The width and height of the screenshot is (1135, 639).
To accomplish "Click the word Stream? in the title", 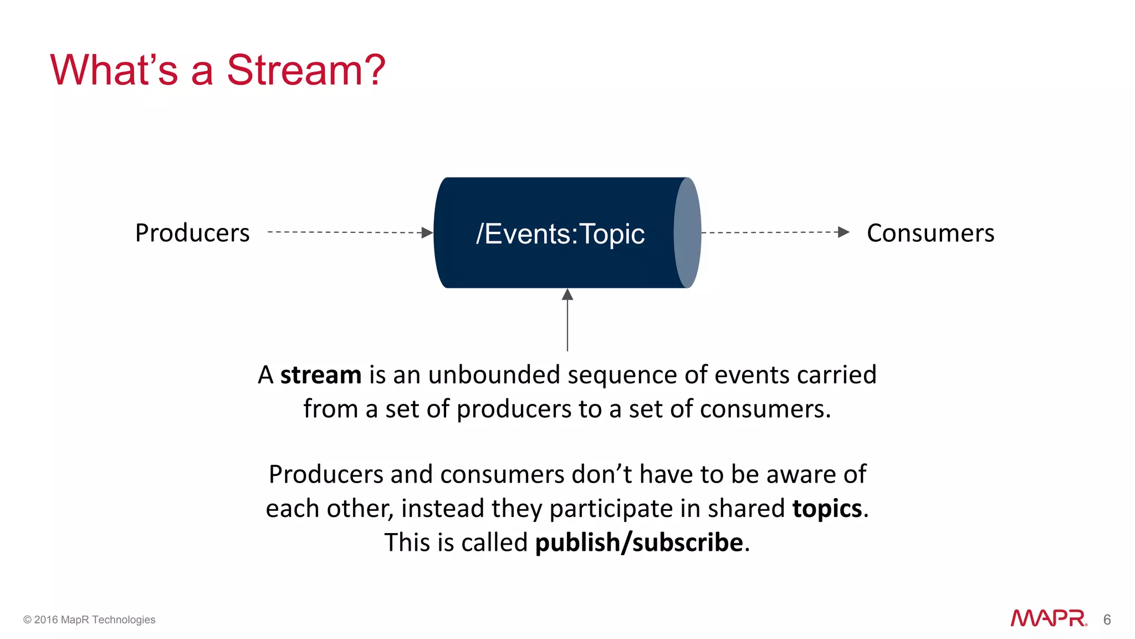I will click(305, 70).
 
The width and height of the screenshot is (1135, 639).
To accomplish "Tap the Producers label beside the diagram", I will click(192, 233).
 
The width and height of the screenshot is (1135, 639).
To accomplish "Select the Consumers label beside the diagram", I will click(930, 233).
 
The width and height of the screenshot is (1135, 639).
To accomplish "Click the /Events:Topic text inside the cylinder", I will click(560, 234).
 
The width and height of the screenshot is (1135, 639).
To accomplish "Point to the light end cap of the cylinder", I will click(688, 232).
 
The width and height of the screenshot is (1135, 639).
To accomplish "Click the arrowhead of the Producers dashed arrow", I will click(427, 232).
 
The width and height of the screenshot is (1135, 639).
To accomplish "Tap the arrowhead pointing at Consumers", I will click(843, 232).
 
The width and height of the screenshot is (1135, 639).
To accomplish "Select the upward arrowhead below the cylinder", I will click(567, 295).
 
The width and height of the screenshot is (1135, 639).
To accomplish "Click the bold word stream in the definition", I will click(320, 375).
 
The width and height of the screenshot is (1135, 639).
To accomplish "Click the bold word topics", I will click(827, 509).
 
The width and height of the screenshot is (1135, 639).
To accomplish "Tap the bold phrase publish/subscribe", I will click(638, 542).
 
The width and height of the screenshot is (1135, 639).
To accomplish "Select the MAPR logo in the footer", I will click(1048, 618).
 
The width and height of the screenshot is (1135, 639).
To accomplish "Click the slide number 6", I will click(1107, 620).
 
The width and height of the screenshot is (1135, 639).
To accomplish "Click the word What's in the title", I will click(114, 70).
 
